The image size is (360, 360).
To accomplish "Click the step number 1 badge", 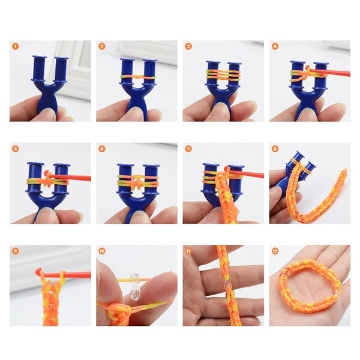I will [15, 46].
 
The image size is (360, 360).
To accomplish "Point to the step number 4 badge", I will [275, 46].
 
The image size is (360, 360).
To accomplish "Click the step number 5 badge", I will [15, 148].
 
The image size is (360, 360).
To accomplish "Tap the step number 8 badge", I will [275, 148].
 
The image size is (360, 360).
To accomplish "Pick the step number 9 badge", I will [15, 251].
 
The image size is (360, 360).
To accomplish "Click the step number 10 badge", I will [102, 251].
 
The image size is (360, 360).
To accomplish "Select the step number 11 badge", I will [188, 251].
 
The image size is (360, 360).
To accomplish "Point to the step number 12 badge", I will [275, 251].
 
